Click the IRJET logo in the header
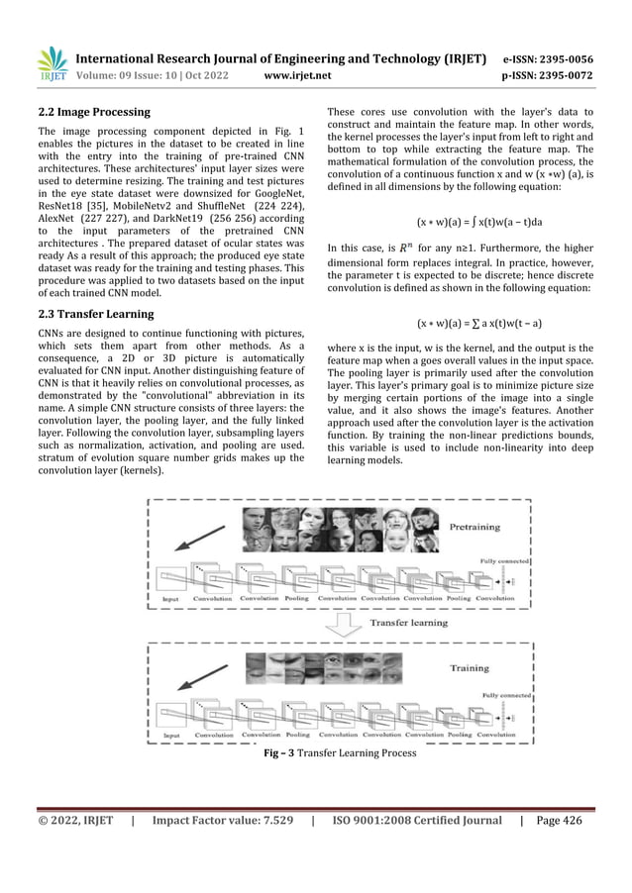pyautogui.click(x=52, y=63)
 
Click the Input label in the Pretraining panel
pyautogui.click(x=173, y=599)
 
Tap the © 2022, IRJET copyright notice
pyautogui.click(x=75, y=820)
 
